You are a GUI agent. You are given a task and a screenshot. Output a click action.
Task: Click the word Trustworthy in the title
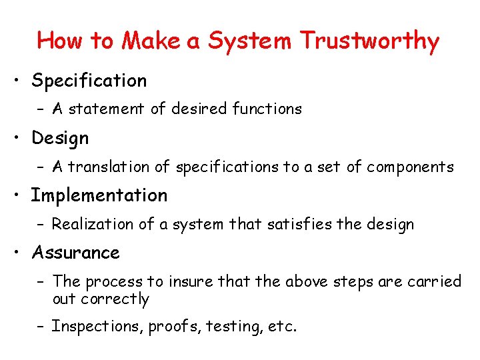pyautogui.click(x=369, y=41)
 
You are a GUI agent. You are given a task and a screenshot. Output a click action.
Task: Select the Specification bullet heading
pyautogui.click(x=89, y=81)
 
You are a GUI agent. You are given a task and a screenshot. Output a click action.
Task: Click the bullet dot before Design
pyautogui.click(x=20, y=139)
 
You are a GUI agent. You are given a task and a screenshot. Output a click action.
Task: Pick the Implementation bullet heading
pyautogui.click(x=99, y=195)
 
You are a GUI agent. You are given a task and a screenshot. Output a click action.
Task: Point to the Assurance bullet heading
pyautogui.click(x=76, y=253)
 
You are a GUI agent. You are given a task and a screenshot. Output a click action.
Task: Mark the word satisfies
pyautogui.click(x=300, y=224)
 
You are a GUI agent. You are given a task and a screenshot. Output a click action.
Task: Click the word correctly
pyautogui.click(x=115, y=299)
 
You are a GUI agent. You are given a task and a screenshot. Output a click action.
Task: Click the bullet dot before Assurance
pyautogui.click(x=20, y=253)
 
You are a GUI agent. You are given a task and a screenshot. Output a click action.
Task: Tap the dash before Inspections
pyautogui.click(x=41, y=327)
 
